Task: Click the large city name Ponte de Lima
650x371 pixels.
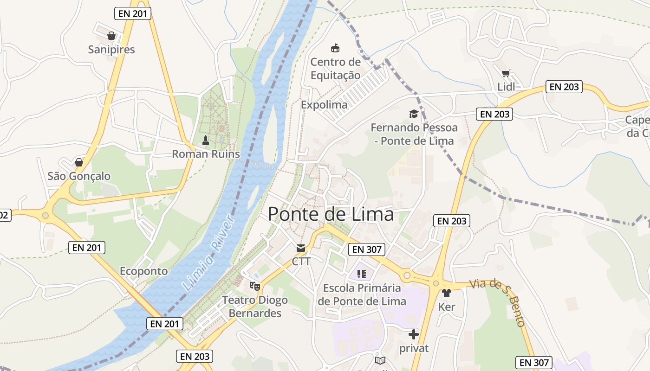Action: pyautogui.click(x=331, y=214)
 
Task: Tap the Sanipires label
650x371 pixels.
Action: pyautogui.click(x=111, y=50)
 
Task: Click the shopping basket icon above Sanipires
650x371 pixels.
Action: pyautogui.click(x=111, y=36)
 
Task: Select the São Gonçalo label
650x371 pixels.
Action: pyautogui.click(x=79, y=176)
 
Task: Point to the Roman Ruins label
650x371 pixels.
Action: pyautogui.click(x=206, y=154)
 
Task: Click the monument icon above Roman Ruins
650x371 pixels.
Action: pyautogui.click(x=206, y=140)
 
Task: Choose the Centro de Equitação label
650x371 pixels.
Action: pyautogui.click(x=335, y=68)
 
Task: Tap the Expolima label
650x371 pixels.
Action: pyautogui.click(x=324, y=105)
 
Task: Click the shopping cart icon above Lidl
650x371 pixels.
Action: pyautogui.click(x=506, y=73)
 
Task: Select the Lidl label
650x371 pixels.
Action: pyautogui.click(x=506, y=87)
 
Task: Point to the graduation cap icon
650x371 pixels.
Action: pyautogui.click(x=413, y=114)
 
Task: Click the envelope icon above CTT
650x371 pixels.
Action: pyautogui.click(x=300, y=248)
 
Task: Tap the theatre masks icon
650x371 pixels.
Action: pyautogui.click(x=254, y=286)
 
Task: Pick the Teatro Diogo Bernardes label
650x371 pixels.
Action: pyautogui.click(x=255, y=307)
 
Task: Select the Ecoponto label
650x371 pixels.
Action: pyautogui.click(x=143, y=271)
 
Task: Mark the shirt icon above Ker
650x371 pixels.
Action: pyautogui.click(x=446, y=293)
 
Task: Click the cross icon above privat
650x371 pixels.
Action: pyautogui.click(x=413, y=334)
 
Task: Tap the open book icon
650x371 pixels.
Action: pyautogui.click(x=380, y=360)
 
